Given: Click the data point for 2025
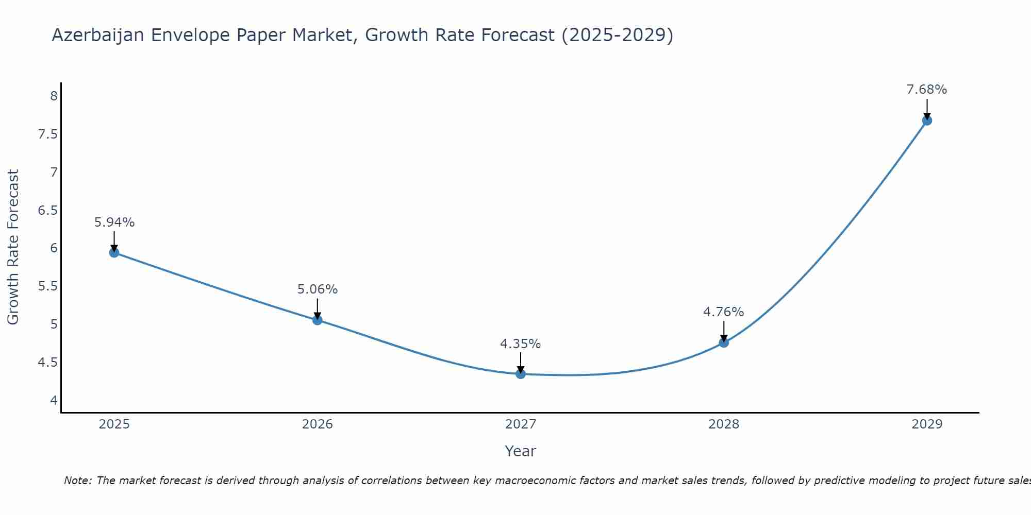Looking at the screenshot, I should point(114,252).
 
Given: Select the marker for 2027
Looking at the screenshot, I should point(521,374).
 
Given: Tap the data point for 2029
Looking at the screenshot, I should point(927,121).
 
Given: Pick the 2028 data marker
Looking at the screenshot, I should point(724,342).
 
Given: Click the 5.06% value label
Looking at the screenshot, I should point(317,289).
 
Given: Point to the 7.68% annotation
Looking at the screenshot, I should point(926,90).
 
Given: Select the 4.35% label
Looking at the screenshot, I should point(520,344).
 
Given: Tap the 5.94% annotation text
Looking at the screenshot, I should point(114,222).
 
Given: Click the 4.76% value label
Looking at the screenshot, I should point(723,312).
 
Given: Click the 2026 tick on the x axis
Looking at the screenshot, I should point(317,424).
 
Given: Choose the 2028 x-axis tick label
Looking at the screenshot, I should point(723,424).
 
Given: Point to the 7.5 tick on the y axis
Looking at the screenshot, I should point(47,134).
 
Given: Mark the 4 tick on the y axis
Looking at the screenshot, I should point(54,400).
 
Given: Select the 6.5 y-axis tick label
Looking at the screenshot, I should point(47,210).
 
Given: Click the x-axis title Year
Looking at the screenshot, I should point(520,451).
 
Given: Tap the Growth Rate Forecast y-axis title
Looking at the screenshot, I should point(13,247).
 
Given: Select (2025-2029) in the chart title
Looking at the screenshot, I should point(617,35).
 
